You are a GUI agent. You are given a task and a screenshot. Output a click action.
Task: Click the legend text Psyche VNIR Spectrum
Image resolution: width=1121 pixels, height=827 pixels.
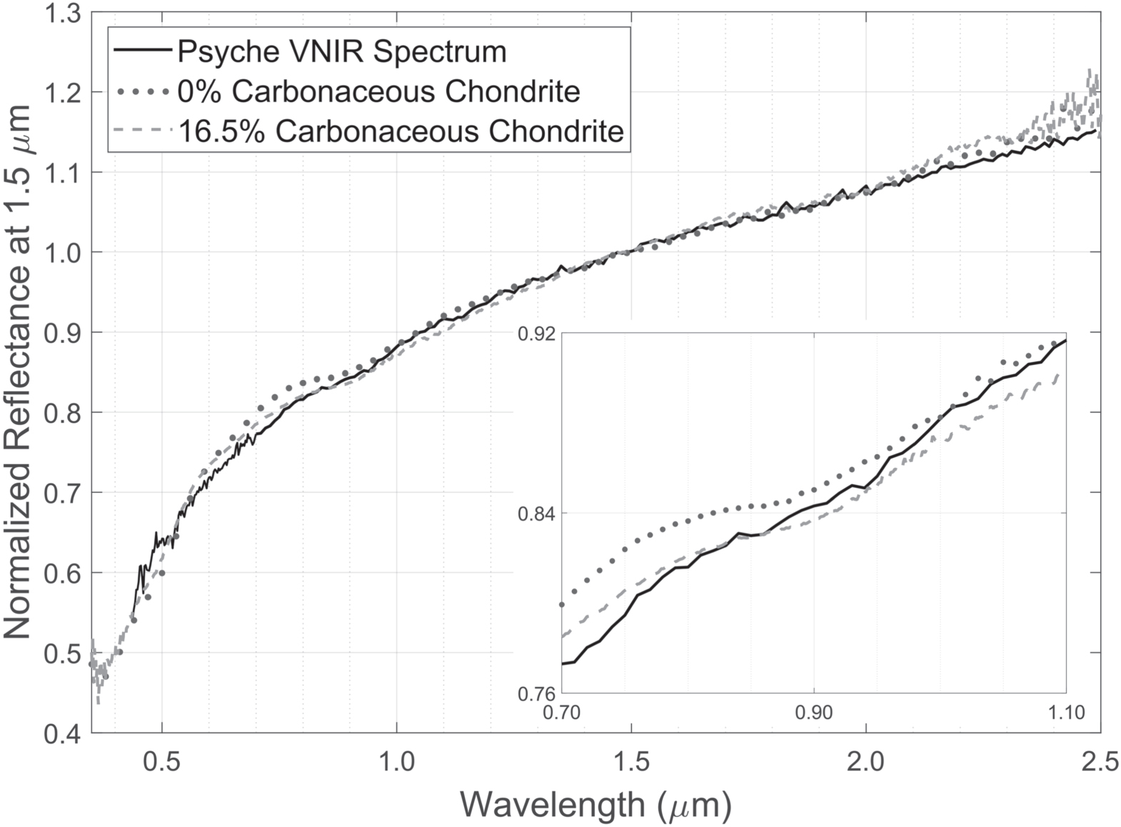tap(342, 52)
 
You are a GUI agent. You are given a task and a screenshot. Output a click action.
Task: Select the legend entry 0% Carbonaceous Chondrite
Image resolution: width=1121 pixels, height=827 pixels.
tap(378, 92)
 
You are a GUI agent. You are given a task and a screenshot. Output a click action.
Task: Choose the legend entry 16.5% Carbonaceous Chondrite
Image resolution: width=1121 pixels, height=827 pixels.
tap(401, 131)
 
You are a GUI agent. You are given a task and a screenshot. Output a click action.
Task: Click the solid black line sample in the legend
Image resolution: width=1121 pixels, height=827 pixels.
tap(142, 51)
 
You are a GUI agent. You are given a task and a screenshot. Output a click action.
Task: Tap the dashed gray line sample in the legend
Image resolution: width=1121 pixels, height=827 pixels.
tap(142, 131)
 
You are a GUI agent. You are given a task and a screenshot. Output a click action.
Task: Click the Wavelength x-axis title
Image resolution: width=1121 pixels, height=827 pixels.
tap(595, 805)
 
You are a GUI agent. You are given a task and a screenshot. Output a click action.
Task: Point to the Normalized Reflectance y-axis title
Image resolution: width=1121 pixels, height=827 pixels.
tap(17, 371)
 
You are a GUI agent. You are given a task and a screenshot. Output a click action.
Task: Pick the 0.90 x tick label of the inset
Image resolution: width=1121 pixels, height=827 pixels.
tap(814, 712)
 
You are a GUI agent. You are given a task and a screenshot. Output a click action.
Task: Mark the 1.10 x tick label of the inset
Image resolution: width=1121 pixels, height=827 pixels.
tap(1065, 712)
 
